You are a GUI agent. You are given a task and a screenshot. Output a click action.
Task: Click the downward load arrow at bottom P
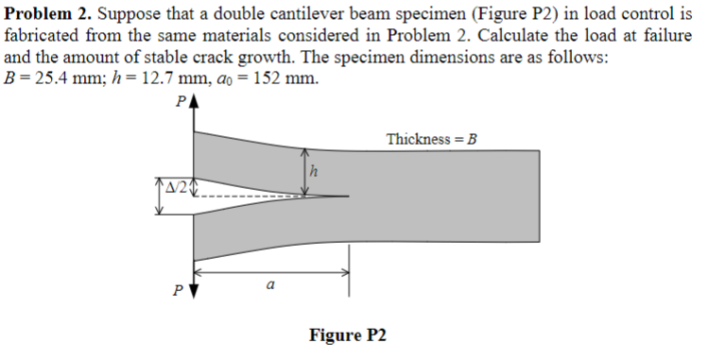point(193,286)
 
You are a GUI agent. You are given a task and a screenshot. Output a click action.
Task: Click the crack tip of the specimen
point(349,196)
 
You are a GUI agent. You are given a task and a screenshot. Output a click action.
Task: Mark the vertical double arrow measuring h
point(303,171)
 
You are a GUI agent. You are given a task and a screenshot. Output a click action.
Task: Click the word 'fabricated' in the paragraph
point(40,35)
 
